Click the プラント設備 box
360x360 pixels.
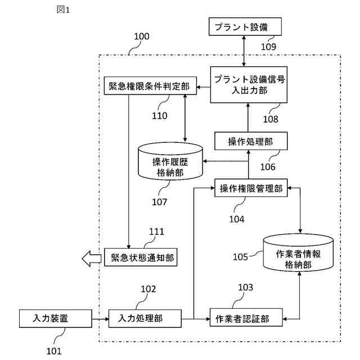point(245,26)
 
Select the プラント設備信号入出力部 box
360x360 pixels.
point(248,84)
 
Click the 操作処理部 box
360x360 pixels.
point(247,141)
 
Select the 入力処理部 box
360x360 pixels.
point(145,318)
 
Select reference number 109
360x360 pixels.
point(268,47)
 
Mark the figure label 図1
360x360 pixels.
point(64,10)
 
